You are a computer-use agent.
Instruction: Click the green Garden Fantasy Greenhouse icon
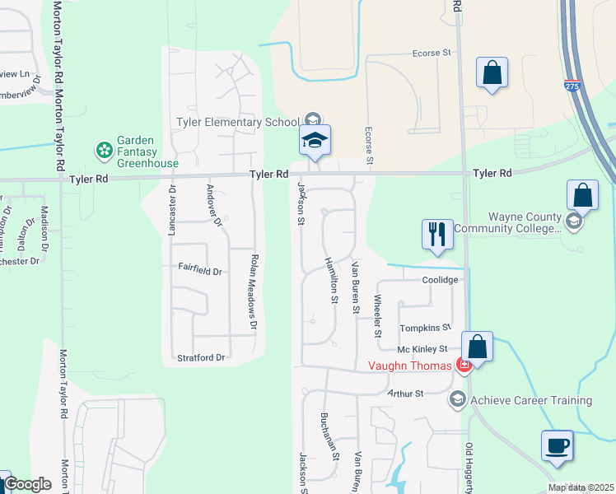pos(105,150)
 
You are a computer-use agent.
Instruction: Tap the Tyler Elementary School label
pos(238,123)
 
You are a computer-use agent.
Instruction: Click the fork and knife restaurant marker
pos(436,235)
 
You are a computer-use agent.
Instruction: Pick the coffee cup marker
pos(557,445)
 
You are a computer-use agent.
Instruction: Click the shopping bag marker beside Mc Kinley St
pos(477,347)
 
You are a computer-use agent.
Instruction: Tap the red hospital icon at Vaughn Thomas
pos(464,366)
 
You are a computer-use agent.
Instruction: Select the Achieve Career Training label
pos(530,400)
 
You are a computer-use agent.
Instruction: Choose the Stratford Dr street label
pos(202,357)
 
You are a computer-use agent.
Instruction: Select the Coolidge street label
pos(440,280)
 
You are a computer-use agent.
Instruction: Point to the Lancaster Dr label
pos(172,211)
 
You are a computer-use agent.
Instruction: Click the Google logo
pos(27,484)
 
